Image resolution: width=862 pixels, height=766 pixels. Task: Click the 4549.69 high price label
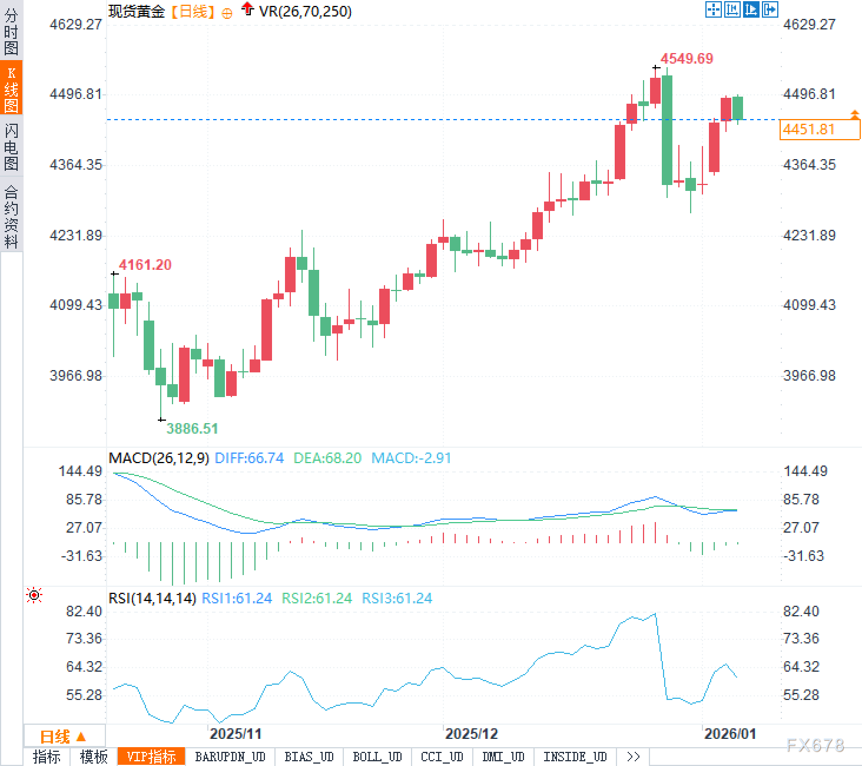[x=687, y=58]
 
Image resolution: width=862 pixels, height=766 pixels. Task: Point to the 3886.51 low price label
[x=192, y=428]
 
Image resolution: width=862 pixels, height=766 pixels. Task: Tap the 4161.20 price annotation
[x=145, y=265]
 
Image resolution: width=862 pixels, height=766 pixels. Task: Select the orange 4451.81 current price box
[x=819, y=129]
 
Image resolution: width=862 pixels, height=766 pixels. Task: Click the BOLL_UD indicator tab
[x=377, y=757]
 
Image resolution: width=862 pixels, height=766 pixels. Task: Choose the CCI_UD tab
[x=442, y=757]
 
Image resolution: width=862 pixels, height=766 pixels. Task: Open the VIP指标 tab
[x=151, y=757]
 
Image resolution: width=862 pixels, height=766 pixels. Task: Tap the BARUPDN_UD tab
[x=230, y=757]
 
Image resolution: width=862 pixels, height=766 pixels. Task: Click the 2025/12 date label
[x=471, y=734]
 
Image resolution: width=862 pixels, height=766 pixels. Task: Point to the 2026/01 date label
[x=730, y=734]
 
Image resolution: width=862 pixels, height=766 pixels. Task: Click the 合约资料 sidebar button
[x=11, y=216]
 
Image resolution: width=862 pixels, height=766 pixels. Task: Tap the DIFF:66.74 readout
[x=249, y=458]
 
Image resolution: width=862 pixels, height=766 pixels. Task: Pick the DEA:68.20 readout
[x=327, y=458]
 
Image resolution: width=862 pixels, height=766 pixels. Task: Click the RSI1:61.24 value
[x=237, y=598]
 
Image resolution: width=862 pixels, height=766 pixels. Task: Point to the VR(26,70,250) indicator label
[x=305, y=11]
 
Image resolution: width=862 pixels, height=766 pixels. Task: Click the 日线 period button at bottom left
[x=63, y=736]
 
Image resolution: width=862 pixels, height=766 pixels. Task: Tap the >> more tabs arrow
[x=634, y=757]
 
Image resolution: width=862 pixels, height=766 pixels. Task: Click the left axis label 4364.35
[x=76, y=164]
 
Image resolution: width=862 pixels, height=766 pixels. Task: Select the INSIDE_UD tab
[x=575, y=757]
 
